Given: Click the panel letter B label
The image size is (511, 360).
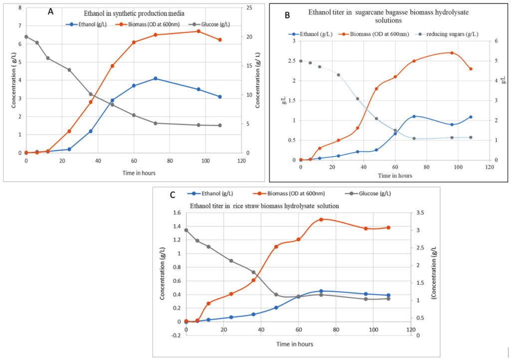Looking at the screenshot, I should [287, 15].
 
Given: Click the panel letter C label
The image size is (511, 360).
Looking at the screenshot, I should [173, 194].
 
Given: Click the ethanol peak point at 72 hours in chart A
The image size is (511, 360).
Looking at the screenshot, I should [156, 78].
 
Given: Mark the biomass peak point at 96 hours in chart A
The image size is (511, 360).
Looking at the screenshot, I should [199, 31].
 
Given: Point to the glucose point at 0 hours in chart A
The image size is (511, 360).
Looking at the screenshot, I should [26, 36].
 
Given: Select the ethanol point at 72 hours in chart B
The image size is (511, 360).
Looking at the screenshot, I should [414, 116].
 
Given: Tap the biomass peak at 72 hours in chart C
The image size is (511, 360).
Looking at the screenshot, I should [321, 219].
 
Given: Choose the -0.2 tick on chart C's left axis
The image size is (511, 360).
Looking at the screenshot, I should [176, 336].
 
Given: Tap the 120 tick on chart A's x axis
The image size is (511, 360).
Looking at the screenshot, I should [242, 161].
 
